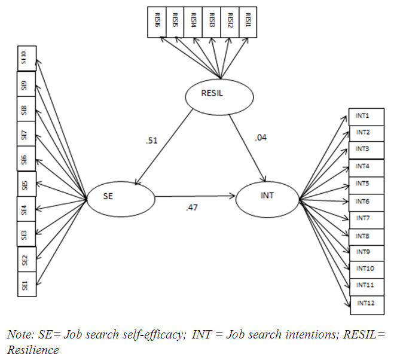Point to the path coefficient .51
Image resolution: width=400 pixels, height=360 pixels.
151,141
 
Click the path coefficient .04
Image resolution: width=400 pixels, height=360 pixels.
261,138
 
